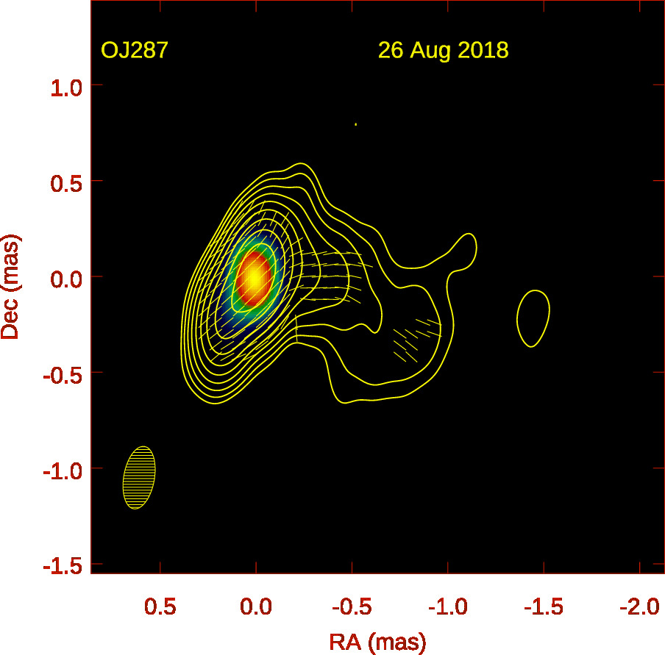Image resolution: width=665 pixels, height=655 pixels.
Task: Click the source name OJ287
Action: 135,51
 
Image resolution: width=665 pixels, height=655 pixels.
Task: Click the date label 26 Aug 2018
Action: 443,51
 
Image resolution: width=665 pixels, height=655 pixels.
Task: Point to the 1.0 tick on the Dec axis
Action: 65,86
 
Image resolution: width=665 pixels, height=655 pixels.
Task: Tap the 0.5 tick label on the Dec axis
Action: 65,182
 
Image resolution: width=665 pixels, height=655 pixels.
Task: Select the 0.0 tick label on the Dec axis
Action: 65,277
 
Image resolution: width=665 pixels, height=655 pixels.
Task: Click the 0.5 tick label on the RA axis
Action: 160,607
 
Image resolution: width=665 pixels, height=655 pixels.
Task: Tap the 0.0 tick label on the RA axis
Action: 256,607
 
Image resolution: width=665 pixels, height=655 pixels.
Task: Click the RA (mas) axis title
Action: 377,642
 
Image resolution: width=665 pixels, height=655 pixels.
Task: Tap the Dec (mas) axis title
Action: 10,287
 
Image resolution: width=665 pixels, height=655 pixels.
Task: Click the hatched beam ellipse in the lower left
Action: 139,478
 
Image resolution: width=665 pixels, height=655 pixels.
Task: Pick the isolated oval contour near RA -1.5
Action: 533,318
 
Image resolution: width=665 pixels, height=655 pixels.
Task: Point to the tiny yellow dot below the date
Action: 355,124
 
